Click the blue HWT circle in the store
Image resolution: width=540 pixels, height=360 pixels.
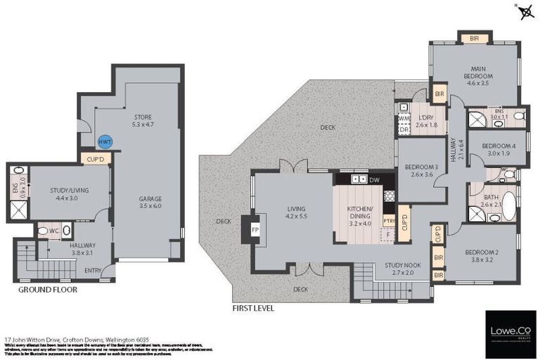coord(104,142)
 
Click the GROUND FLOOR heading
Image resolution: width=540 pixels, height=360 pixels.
coord(48,289)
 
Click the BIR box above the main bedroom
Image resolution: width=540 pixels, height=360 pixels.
coord(467,37)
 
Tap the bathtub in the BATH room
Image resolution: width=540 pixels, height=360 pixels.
coord(508,207)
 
